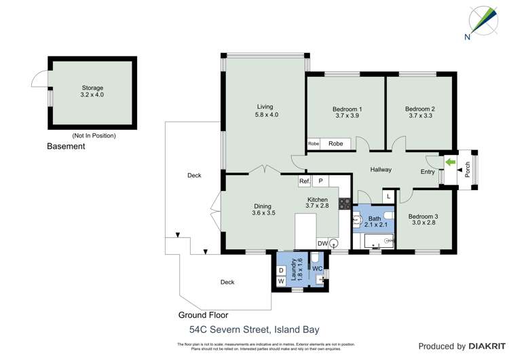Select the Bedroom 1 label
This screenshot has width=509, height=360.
pos(347,113)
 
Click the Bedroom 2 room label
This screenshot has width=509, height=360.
pos(419,113)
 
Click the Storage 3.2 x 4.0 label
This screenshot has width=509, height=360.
pos(92,91)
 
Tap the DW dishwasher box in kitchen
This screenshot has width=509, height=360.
pos(322,243)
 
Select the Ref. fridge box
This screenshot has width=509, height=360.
pos(304,181)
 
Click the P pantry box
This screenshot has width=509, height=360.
pos(320,181)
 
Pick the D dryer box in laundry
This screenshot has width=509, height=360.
pos(281,270)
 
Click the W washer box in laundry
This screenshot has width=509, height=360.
pos(281,281)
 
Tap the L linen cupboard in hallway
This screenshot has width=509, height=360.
pos(388,196)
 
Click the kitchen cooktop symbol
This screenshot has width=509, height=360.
pos(344,202)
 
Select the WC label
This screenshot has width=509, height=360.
pos(317,268)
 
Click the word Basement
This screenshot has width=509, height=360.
pos(66,147)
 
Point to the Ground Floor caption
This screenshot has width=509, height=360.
pos(203,315)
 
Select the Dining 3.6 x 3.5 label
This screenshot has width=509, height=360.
pos(263,210)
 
